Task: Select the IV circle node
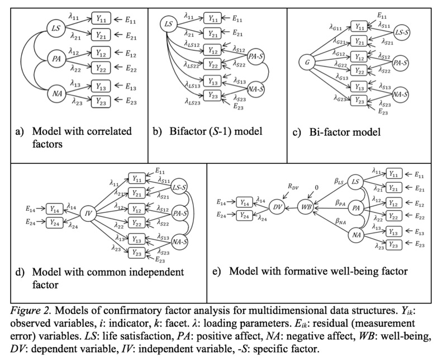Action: [88, 213]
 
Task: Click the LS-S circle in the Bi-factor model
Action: [402, 32]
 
